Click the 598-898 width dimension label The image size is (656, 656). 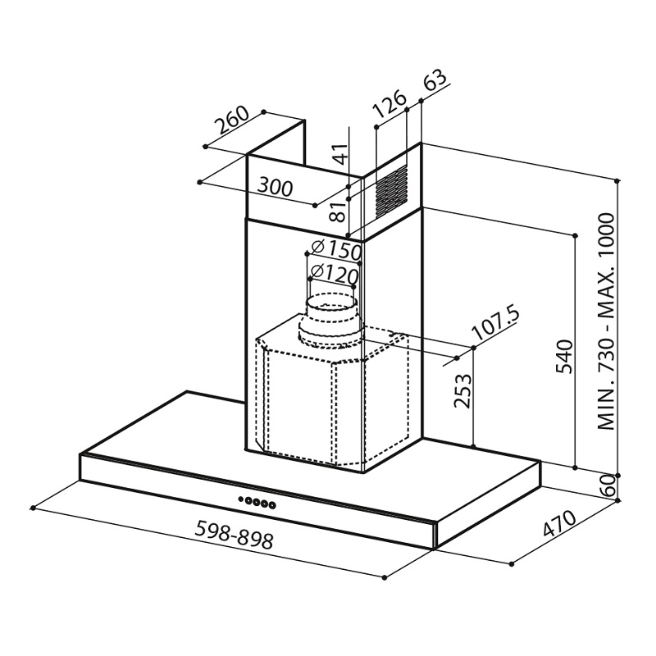235,535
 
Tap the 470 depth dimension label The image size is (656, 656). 559,523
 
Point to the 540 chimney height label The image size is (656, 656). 564,357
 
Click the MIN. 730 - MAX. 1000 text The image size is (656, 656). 607,321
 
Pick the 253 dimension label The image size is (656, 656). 462,391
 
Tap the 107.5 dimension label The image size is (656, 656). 496,323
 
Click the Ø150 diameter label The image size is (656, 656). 336,250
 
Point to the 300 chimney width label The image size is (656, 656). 275,187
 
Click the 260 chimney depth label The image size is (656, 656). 232,121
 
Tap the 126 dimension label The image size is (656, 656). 389,103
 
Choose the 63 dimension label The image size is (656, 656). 435,81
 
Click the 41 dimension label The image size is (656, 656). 341,154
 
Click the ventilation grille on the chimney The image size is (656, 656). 391,191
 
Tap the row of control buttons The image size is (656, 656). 257,502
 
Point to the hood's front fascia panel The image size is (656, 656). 257,501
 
